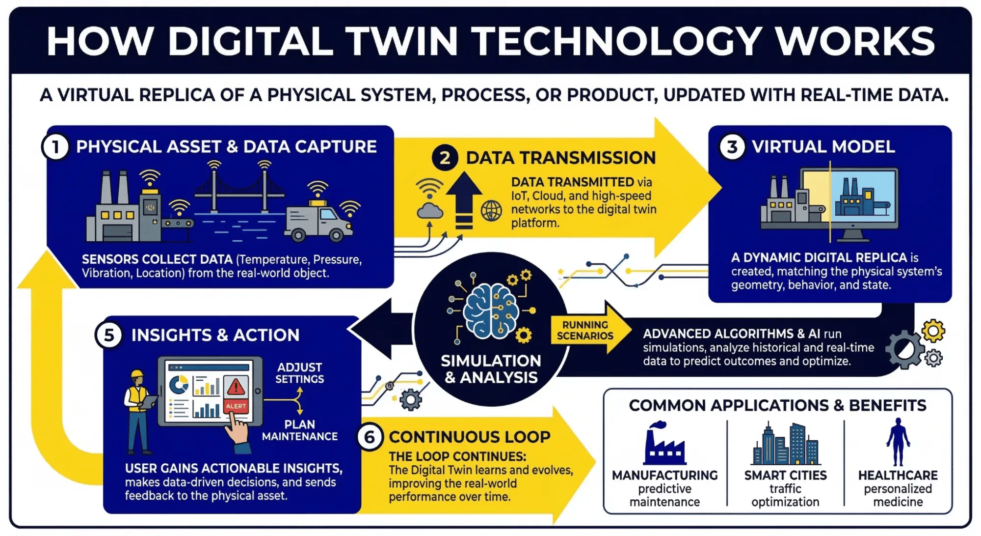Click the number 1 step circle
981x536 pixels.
(x=55, y=147)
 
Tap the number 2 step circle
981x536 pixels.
(x=445, y=158)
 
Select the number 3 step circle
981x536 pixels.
(x=732, y=147)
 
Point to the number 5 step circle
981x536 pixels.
(x=109, y=335)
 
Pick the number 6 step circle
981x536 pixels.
(x=370, y=437)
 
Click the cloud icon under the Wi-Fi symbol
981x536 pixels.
(x=429, y=211)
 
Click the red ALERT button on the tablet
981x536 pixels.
(x=236, y=406)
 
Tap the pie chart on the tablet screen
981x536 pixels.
(x=179, y=385)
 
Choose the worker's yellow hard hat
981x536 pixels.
(x=137, y=374)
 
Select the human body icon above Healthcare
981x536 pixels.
(x=898, y=442)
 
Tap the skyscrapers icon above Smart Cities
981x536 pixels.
(x=785, y=444)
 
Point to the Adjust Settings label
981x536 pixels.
(x=299, y=373)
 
